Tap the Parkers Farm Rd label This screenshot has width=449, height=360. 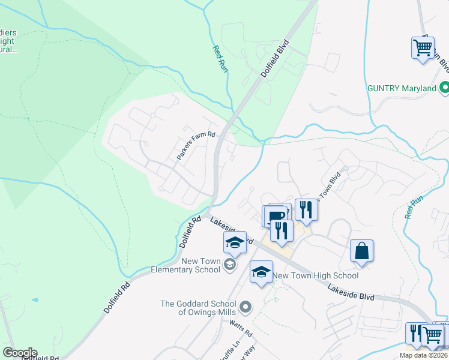tap(196, 146)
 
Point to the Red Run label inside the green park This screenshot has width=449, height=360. tap(220, 56)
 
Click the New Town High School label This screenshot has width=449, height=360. tap(315, 275)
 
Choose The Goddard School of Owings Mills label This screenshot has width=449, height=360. tap(199, 307)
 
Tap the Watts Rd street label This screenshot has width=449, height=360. tap(241, 328)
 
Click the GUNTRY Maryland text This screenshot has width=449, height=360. tap(402, 88)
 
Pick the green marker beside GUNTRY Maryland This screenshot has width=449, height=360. tap(444, 88)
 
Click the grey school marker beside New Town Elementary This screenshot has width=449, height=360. tap(229, 265)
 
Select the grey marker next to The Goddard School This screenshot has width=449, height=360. tap(245, 308)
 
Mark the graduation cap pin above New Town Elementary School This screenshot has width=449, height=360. tap(235, 242)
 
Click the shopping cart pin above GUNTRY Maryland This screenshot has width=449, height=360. tap(423, 47)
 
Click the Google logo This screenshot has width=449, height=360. tap(20, 353)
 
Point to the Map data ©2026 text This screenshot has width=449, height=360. tap(423, 355)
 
